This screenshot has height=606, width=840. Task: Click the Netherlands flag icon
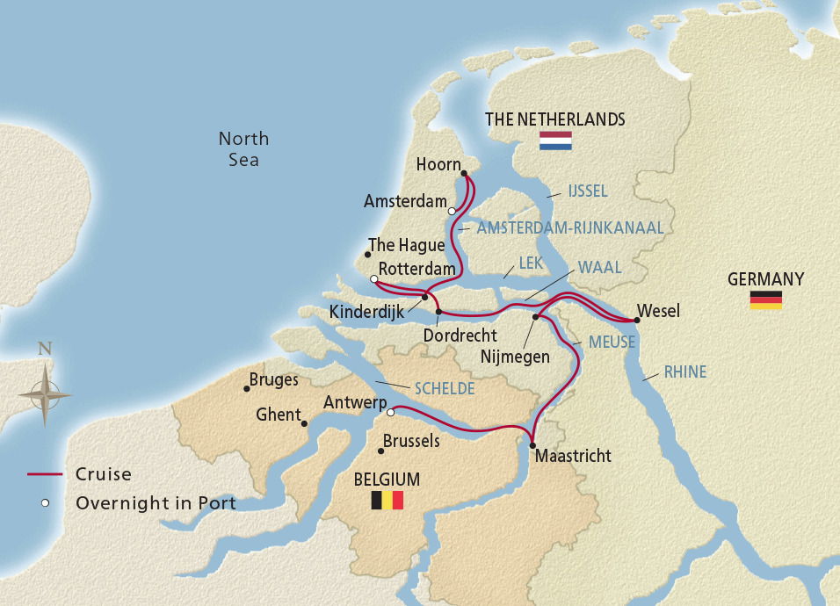555,141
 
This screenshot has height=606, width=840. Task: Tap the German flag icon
765,299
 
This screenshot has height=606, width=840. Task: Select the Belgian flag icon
387,501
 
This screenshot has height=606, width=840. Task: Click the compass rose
45,394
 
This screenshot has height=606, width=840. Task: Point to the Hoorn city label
438,165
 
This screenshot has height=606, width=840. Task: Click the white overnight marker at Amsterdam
452,211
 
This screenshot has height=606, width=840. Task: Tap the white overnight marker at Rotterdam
374,279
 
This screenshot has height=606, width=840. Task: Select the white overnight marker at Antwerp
391,412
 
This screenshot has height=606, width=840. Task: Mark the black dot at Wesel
637,320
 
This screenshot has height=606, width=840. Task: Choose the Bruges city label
273,380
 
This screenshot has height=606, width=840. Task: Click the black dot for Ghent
304,424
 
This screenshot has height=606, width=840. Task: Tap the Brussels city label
412,441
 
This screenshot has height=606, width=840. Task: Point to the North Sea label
243,149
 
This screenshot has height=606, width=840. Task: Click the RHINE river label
684,372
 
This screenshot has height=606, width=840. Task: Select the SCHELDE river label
445,388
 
